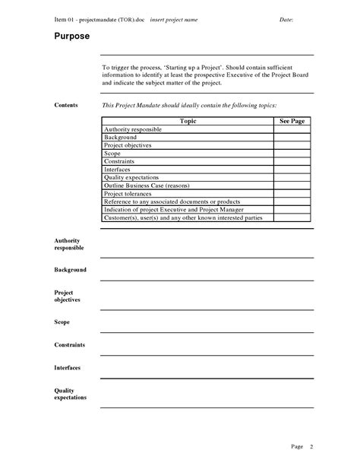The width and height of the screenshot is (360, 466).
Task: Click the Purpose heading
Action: (72, 36)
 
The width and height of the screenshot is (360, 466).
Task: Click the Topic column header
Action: (188, 121)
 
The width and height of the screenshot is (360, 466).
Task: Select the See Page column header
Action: (292, 121)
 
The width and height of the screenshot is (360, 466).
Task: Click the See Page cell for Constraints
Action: (292, 161)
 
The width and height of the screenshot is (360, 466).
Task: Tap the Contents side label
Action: (66, 105)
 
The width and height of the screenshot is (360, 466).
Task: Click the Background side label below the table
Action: (70, 270)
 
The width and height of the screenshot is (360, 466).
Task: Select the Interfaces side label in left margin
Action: (68, 368)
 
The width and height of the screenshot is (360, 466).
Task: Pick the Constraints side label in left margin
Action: (69, 345)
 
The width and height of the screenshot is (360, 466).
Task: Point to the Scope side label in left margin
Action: (62, 322)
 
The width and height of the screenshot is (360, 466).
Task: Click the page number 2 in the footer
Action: (311, 446)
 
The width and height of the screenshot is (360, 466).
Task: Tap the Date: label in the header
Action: (286, 18)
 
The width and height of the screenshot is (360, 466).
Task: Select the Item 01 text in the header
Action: (67, 18)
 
